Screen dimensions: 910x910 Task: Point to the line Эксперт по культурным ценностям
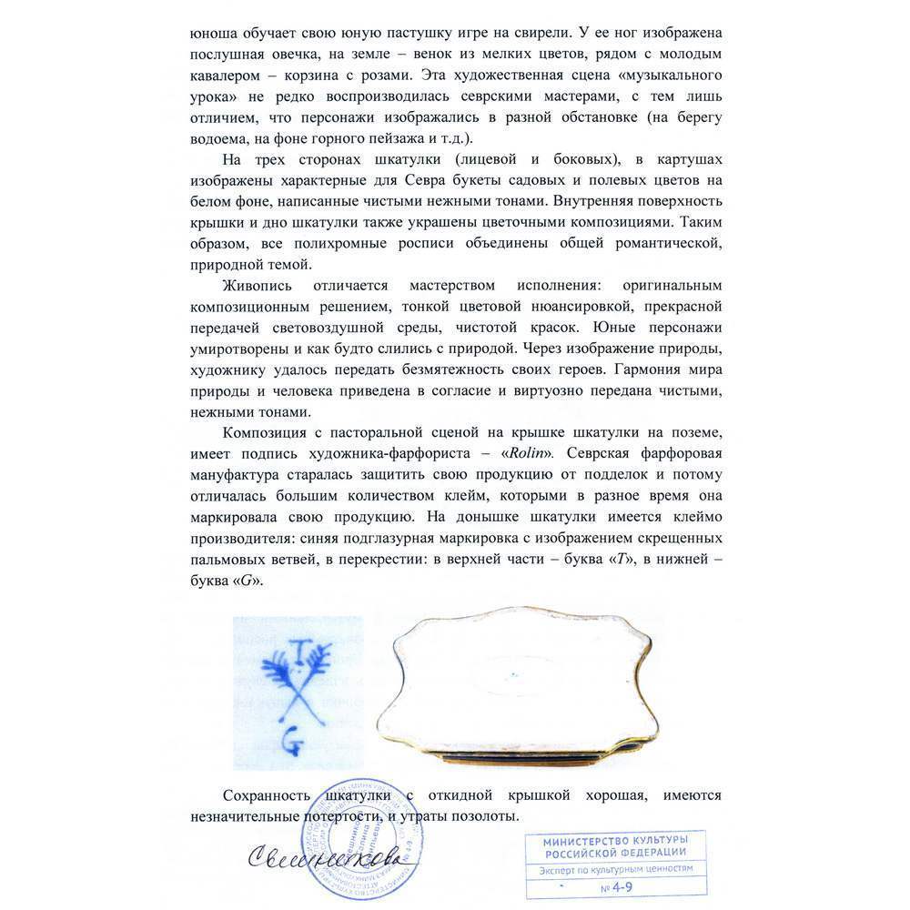615,868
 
